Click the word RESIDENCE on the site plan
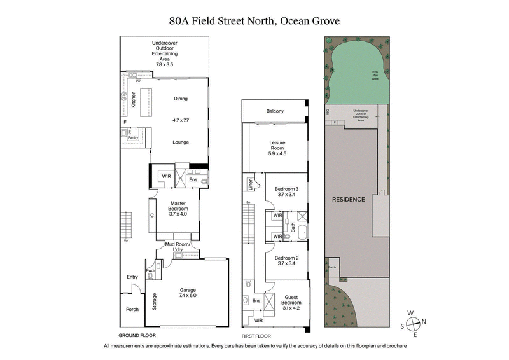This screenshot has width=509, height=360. pyautogui.click(x=349, y=199)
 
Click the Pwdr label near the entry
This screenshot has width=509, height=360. pyautogui.click(x=150, y=270)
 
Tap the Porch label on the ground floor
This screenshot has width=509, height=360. pyautogui.click(x=132, y=309)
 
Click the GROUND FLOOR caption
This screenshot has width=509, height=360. pyautogui.click(x=137, y=335)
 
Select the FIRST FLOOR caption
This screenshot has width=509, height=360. pyautogui.click(x=256, y=335)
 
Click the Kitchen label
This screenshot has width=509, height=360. pyautogui.click(x=134, y=100)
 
